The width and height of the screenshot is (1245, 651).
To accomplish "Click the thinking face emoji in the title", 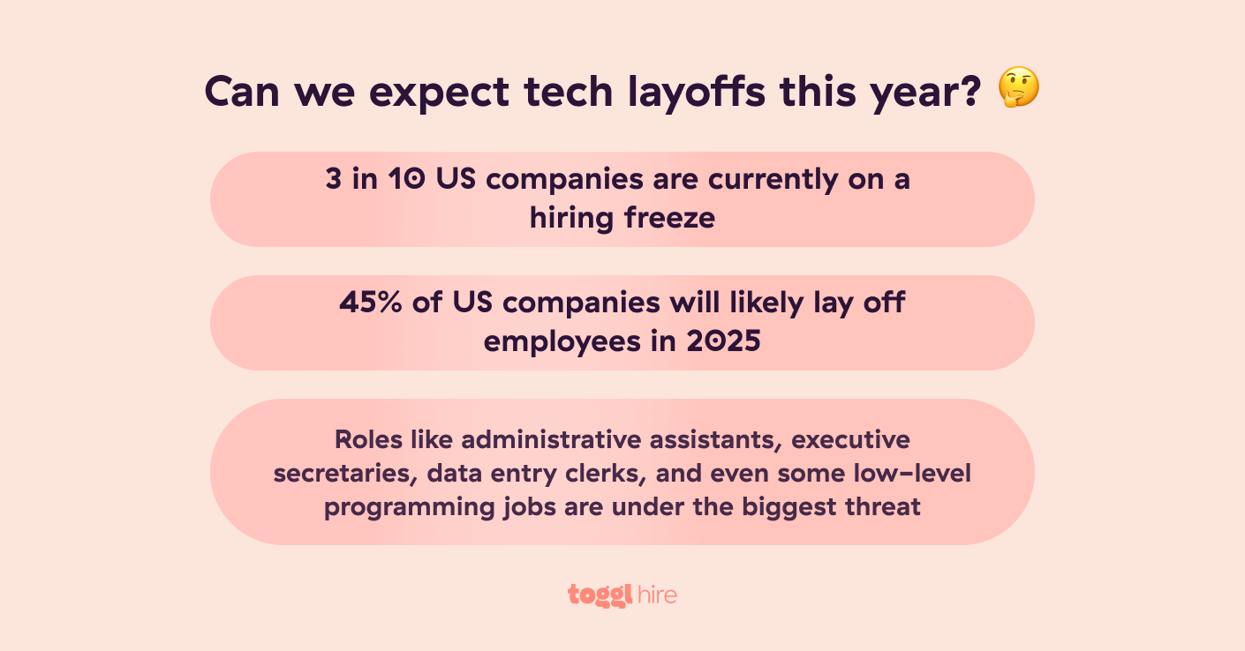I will (x=1018, y=90).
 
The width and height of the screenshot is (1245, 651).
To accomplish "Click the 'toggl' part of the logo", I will (x=600, y=595).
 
